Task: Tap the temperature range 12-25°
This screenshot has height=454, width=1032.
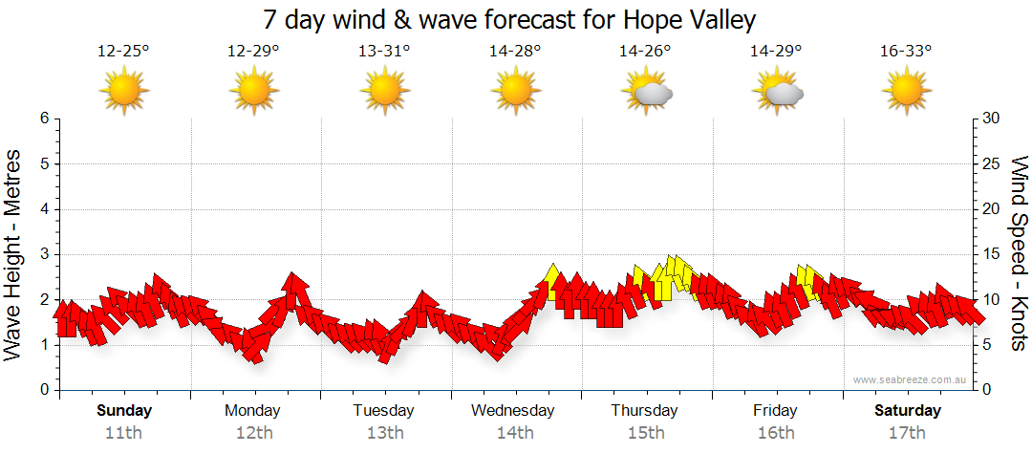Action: (123, 52)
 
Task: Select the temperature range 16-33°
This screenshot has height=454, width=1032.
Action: (906, 52)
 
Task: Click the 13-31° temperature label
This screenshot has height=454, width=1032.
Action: (384, 52)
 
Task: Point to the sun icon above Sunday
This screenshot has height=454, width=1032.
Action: (124, 93)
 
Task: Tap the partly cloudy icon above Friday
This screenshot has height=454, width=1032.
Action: (778, 93)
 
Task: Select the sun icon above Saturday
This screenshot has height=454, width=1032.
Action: (906, 93)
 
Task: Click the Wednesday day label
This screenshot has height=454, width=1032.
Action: (513, 411)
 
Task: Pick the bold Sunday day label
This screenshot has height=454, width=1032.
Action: (124, 411)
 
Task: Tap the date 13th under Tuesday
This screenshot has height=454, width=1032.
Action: (384, 432)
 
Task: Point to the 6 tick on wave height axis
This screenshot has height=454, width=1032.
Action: (44, 119)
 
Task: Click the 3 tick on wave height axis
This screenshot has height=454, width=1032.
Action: (44, 254)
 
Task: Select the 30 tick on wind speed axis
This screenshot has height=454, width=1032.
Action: (991, 119)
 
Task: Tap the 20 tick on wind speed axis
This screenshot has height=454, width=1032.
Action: (991, 209)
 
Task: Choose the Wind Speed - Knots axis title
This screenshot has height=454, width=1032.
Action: (1019, 253)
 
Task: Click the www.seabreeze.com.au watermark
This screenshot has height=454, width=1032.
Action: (911, 380)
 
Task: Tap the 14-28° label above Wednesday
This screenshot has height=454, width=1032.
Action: (515, 52)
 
